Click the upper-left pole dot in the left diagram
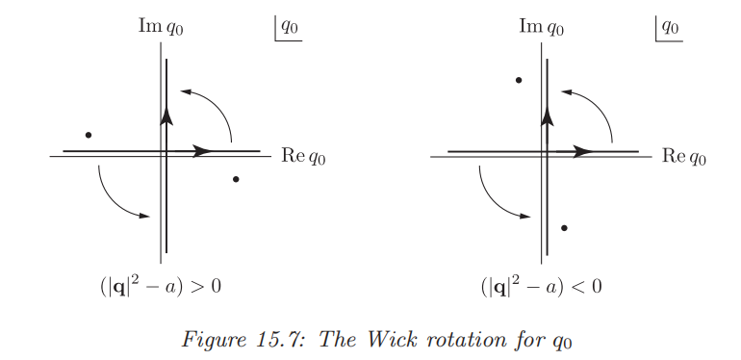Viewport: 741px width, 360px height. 89,135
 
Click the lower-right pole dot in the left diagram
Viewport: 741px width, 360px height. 236,179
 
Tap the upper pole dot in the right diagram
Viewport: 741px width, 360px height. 519,80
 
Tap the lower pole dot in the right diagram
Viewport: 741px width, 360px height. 564,228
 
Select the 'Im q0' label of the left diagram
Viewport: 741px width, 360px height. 160,27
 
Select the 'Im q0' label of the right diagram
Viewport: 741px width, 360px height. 541,27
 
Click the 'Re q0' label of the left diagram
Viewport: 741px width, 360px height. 303,156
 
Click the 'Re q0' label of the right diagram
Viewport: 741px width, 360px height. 684,156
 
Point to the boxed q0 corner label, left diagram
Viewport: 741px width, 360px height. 289,28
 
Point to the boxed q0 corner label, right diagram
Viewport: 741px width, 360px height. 669,28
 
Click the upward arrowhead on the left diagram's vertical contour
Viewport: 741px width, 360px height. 166,116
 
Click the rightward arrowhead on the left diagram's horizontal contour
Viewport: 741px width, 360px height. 204,151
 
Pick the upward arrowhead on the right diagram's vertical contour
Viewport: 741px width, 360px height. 548,116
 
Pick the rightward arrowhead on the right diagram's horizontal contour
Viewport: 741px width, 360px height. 583,152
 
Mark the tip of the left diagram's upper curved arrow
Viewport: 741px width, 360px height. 181,91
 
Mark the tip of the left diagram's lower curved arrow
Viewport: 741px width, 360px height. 150,217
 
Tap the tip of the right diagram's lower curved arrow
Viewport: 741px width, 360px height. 530,217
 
